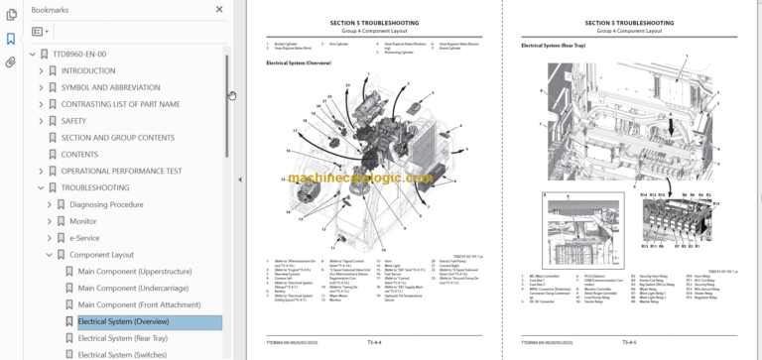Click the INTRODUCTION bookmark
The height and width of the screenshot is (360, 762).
87,70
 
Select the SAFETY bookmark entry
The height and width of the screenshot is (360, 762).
74,121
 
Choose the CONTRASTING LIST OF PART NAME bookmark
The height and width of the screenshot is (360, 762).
120,104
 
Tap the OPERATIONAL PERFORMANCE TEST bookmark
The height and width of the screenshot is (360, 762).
121,171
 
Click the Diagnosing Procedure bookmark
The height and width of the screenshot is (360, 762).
106,204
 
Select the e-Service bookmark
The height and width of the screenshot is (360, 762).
84,238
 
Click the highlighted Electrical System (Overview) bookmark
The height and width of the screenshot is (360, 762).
123,321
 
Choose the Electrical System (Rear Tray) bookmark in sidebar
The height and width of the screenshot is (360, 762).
122,338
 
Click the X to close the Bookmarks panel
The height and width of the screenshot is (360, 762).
219,9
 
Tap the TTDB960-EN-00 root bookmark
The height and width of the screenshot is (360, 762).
79,54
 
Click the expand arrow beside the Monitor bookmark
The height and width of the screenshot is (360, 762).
49,221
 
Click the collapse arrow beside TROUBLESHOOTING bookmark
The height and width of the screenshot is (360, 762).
41,187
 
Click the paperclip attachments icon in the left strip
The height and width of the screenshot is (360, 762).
11,61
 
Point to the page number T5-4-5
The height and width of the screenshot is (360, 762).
628,340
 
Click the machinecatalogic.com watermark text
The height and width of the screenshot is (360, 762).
360,179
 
